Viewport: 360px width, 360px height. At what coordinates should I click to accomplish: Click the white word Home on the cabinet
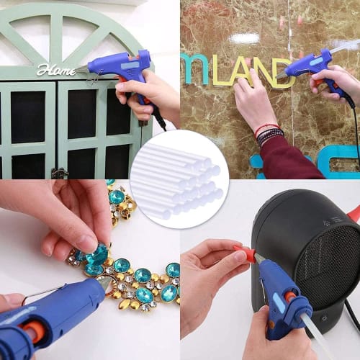(56, 70)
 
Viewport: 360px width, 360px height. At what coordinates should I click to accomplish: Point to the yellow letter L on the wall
(222, 69)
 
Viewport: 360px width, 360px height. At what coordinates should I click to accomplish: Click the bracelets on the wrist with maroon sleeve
(271, 133)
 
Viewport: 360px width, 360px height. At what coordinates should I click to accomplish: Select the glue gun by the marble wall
(311, 65)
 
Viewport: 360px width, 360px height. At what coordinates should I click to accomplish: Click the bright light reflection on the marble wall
(246, 37)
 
